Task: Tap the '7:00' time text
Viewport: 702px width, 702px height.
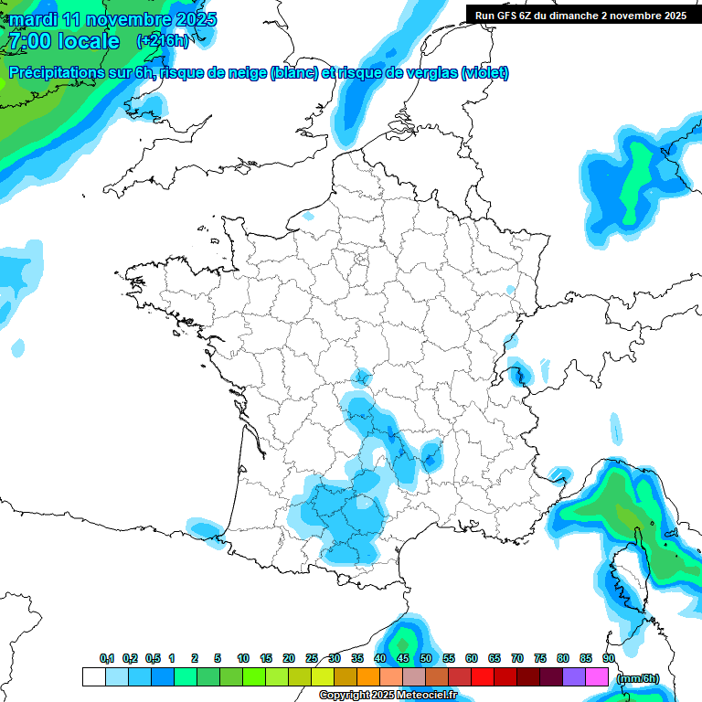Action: pos(28,41)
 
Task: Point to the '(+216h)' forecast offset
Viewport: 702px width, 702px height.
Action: pos(163,41)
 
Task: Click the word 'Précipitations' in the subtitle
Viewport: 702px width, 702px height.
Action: pos(56,73)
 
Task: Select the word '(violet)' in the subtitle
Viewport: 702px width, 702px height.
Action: pos(484,73)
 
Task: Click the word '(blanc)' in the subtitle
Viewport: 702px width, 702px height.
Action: pos(294,73)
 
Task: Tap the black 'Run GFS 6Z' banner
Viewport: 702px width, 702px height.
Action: pos(581,16)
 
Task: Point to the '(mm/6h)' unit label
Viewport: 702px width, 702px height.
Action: pos(637,678)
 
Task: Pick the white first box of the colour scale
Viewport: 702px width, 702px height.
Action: pos(93,677)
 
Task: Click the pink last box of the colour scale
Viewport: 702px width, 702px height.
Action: pos(597,677)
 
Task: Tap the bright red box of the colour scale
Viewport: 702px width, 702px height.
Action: pos(483,677)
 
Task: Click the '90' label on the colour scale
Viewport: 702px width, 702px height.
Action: pos(609,658)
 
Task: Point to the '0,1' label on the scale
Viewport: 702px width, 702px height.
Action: pos(107,658)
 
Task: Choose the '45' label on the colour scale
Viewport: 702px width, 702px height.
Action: pos(403,658)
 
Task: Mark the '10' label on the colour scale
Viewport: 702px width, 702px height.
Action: pos(243,658)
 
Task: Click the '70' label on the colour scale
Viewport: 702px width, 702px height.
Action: pos(517,658)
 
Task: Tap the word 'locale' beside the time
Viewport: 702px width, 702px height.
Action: pos(88,41)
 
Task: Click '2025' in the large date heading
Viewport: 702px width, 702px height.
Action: pos(195,19)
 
